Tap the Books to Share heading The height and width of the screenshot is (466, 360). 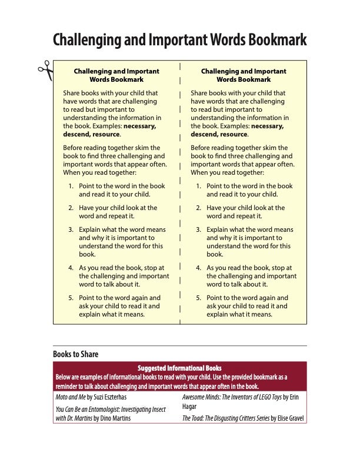[76, 354]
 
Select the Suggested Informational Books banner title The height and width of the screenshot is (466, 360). [179, 368]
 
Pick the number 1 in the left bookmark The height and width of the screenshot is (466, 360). [71, 186]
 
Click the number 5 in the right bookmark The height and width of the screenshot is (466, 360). [198, 298]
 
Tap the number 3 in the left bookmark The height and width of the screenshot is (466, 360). [71, 229]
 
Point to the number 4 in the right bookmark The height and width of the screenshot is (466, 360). [198, 268]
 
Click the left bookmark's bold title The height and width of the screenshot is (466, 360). [116, 75]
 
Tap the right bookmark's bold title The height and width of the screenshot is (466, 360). [244, 75]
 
